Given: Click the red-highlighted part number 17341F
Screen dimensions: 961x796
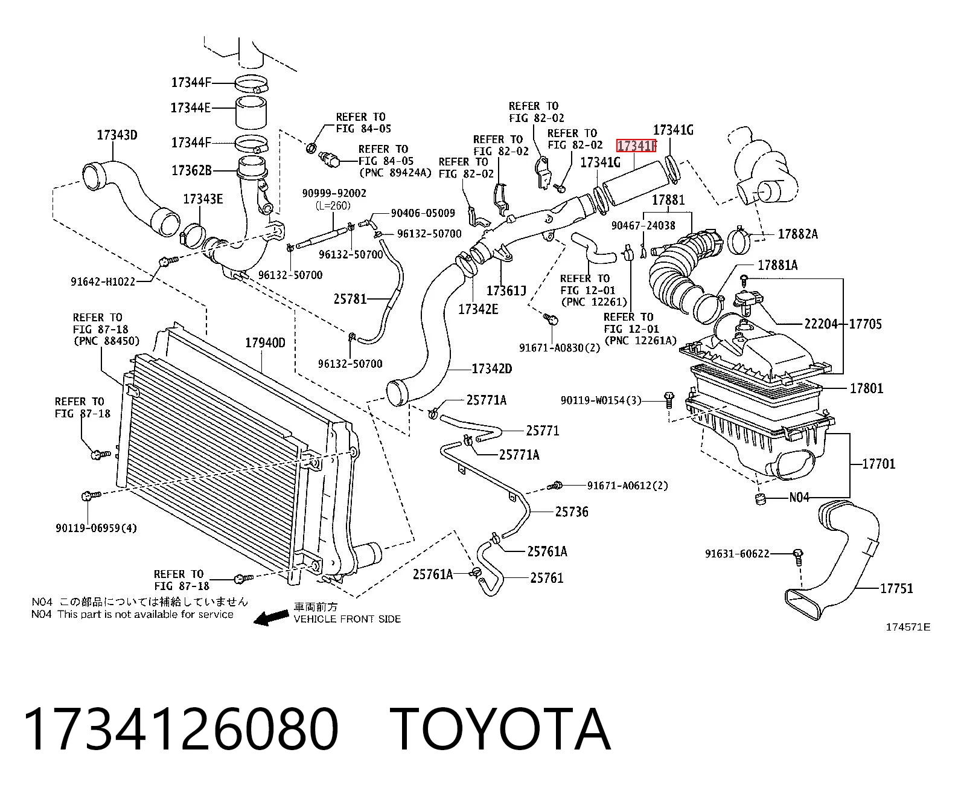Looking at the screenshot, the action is point(636,146).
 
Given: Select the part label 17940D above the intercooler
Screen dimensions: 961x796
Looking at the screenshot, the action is point(265,342).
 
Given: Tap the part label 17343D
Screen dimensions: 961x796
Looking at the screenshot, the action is point(117,135).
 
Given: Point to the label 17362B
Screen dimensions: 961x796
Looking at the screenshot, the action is point(191,170).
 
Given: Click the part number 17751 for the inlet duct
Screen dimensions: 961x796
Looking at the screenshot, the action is point(896,588).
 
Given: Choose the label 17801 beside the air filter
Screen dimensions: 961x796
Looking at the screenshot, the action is point(866,388).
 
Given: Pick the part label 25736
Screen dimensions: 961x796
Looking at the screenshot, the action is point(572,512).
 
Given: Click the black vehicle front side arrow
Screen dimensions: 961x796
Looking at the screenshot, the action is point(272,618).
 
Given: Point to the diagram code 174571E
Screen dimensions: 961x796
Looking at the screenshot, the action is point(908,627).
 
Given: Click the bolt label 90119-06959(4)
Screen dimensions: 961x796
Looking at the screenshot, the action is point(96,528).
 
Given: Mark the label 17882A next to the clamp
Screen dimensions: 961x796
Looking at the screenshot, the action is point(797,234).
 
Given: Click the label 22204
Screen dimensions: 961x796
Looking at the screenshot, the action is point(820,324).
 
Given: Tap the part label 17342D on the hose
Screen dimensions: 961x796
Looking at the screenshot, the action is point(491,368).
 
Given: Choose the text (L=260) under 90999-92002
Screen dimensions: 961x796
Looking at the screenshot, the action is point(333,205).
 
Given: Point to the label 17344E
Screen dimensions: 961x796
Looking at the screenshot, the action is point(191,108).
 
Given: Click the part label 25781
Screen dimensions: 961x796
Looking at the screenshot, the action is point(350,299).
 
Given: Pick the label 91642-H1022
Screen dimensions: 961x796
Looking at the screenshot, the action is point(103,281).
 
